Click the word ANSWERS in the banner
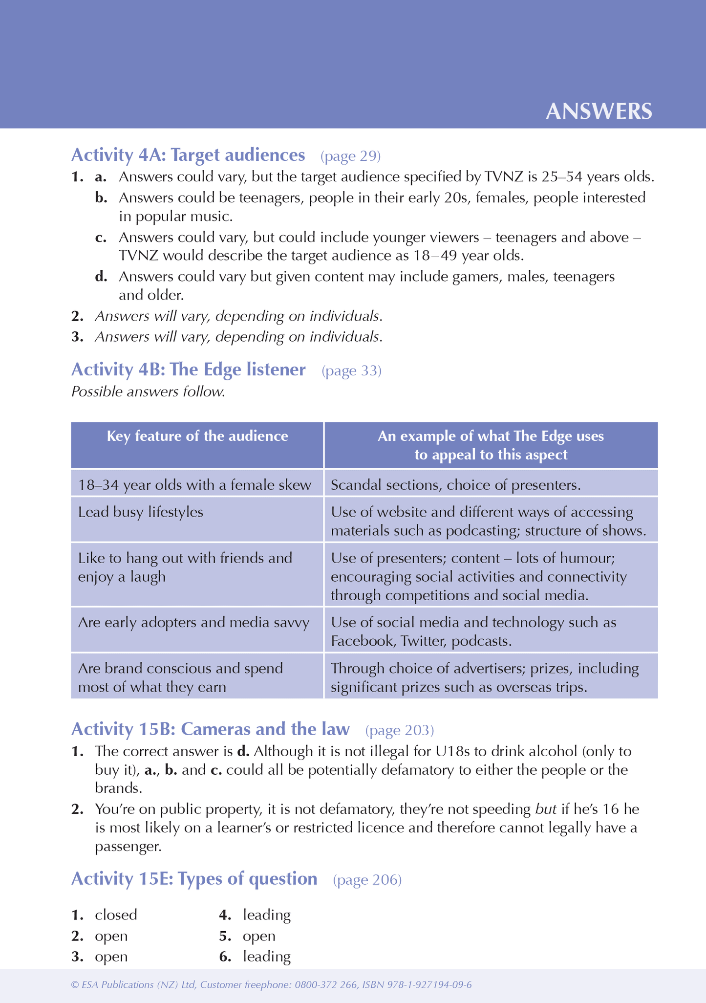coord(599,112)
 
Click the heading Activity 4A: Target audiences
coord(188,155)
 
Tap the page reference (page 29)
coord(350,156)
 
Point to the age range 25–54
coord(562,177)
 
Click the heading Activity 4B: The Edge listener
coord(189,370)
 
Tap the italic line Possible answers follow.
coord(149,392)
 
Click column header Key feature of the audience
coord(197,436)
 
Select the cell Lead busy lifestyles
coord(141,512)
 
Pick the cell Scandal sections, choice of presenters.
coord(455,485)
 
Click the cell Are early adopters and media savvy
coord(193,623)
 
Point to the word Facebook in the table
coord(362,641)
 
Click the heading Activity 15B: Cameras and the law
coord(210,729)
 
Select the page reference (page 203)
coord(399,730)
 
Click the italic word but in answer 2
coord(546,809)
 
